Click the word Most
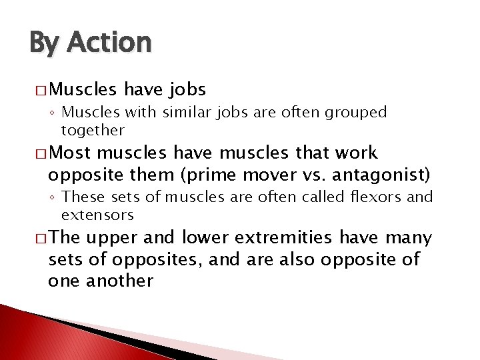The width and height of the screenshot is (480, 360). [x=71, y=154]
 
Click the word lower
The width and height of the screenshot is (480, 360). [x=205, y=238]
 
